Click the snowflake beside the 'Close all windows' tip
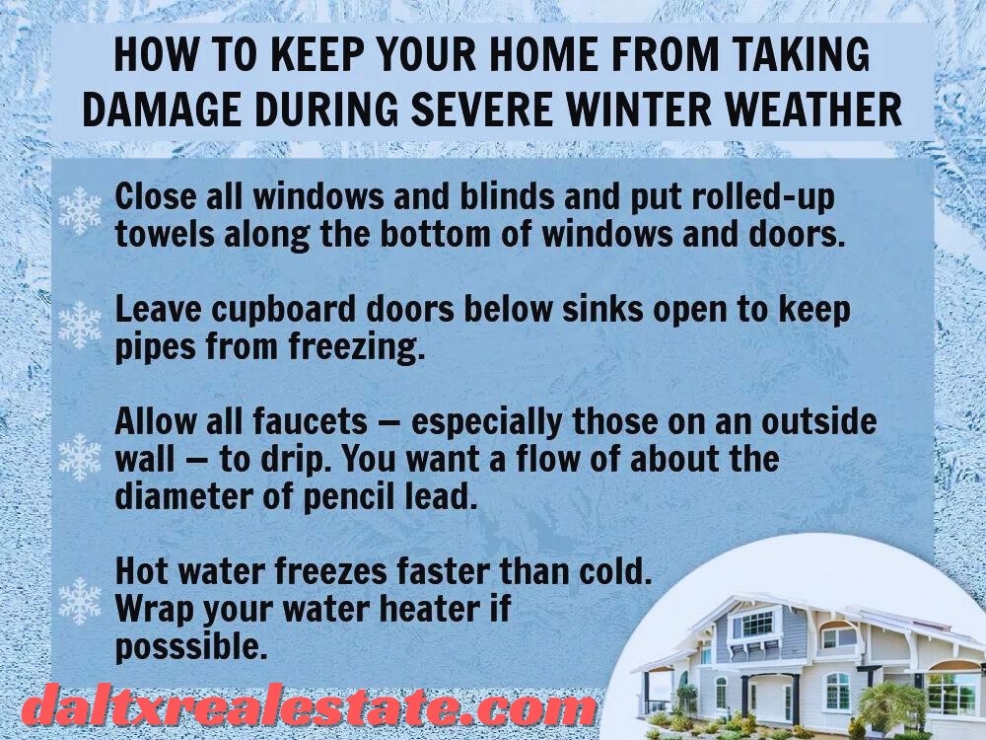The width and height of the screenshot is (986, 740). coord(80,211)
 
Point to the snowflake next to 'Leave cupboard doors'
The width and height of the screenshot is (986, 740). coord(80,326)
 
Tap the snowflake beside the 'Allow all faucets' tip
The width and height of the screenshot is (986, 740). coord(80,457)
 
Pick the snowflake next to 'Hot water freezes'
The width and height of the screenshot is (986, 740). coord(80,601)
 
